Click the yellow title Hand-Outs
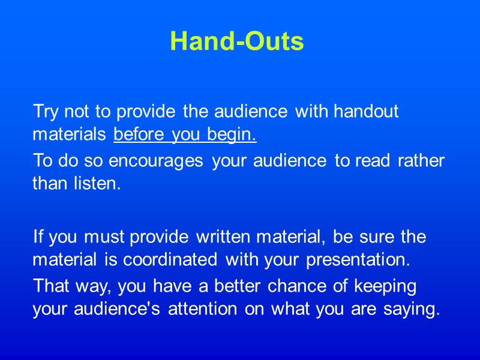(x=237, y=41)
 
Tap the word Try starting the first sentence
(x=45, y=112)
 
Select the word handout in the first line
(x=366, y=112)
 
